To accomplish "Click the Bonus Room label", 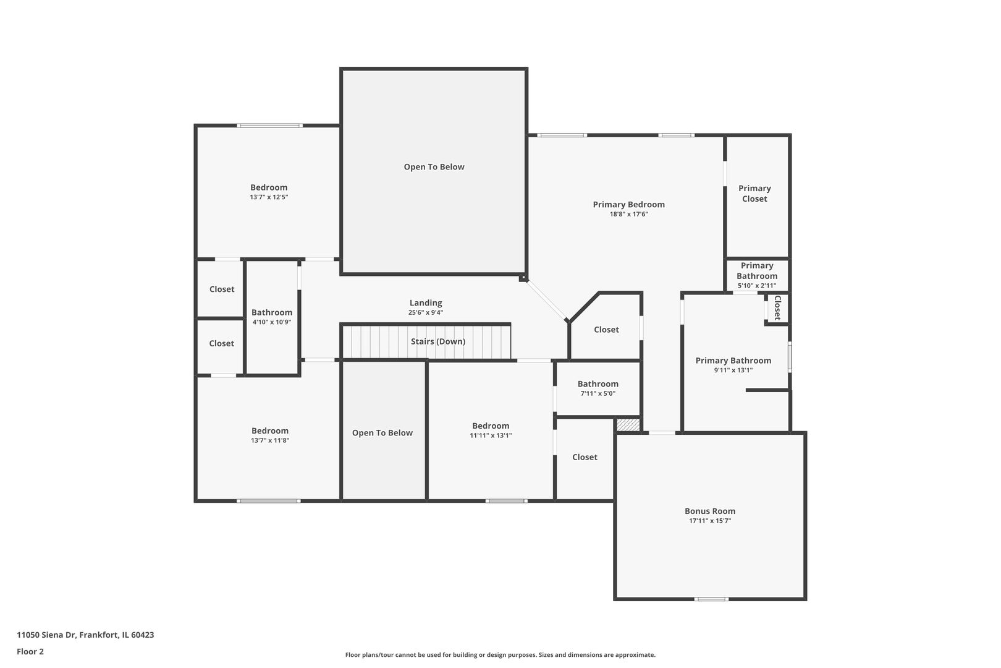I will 709,511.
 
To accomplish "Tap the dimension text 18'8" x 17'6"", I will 628,214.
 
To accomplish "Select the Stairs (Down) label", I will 437,341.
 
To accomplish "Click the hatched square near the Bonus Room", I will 628,425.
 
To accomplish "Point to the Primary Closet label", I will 754,193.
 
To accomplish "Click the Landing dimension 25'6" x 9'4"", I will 425,312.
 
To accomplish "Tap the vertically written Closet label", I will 777,307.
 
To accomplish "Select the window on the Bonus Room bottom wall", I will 711,599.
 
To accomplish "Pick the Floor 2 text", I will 30,651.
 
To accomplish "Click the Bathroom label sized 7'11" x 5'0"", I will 598,383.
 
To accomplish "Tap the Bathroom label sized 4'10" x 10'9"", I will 271,312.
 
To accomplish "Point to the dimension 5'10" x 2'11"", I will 756,286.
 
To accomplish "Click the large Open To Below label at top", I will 434,167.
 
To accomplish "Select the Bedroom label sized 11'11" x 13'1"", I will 491,426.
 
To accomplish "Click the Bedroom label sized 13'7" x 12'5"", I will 269,187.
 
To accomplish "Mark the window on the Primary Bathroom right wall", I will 790,357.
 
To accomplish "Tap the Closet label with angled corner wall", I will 606,330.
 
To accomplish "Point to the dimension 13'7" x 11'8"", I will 270,440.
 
